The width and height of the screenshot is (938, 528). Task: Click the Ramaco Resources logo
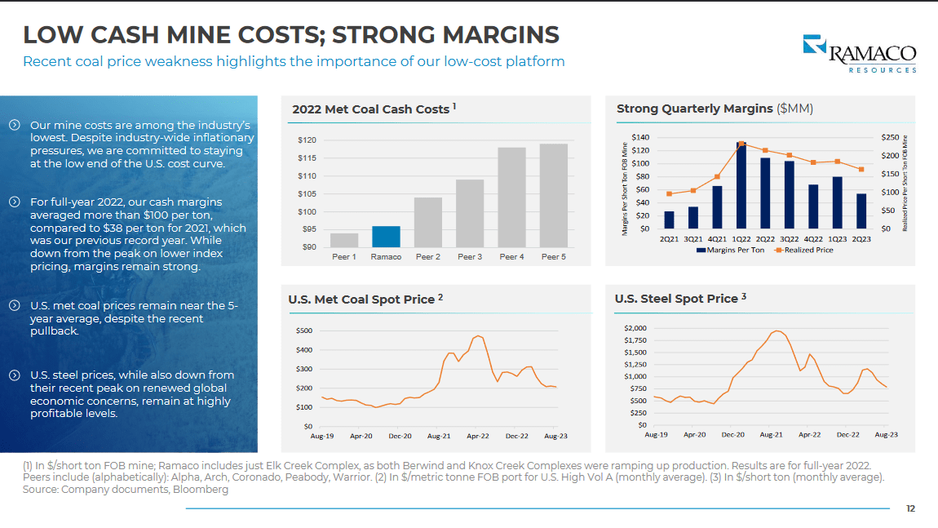(859, 54)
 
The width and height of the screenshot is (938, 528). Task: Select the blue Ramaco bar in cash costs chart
(386, 237)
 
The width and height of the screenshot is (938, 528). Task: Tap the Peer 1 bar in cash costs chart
(344, 240)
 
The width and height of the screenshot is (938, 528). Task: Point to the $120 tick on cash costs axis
(307, 140)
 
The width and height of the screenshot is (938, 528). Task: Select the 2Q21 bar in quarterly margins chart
(670, 220)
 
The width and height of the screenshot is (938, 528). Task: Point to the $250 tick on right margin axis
(891, 137)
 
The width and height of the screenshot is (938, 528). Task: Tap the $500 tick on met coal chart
(303, 331)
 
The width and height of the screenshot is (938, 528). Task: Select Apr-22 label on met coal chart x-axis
(478, 437)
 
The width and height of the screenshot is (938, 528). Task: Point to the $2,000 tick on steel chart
(635, 328)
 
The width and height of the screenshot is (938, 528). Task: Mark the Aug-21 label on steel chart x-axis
(772, 435)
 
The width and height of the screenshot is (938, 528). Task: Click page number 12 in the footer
(910, 508)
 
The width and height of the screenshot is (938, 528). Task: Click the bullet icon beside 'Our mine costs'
(14, 125)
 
